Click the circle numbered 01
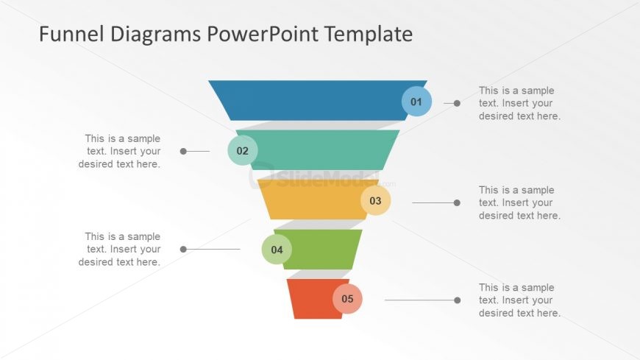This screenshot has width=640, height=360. click(x=416, y=102)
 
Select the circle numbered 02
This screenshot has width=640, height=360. click(x=243, y=151)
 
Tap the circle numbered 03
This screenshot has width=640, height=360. click(x=375, y=200)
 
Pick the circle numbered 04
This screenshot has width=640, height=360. click(x=277, y=250)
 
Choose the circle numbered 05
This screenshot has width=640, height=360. click(x=347, y=299)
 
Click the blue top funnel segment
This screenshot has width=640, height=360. click(x=309, y=100)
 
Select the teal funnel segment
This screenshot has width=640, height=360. click(x=324, y=150)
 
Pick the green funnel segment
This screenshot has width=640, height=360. click(x=324, y=249)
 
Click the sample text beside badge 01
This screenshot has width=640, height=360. click(x=519, y=103)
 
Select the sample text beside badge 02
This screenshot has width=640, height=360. click(x=120, y=151)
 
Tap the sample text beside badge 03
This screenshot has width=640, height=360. click(x=519, y=202)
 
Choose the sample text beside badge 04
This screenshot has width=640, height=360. click(x=120, y=249)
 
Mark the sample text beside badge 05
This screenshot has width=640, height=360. click(x=519, y=300)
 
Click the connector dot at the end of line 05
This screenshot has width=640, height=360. click(x=457, y=300)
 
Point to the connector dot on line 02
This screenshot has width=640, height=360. click(x=183, y=151)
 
